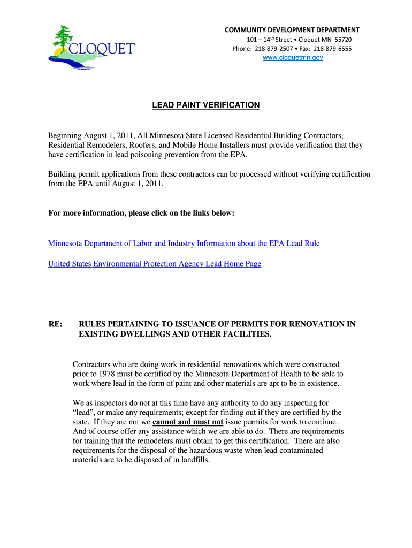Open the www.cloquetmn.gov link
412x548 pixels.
tap(293, 58)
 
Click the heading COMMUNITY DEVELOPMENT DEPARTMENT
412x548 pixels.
tap(292, 30)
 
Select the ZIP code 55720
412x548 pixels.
tap(343, 40)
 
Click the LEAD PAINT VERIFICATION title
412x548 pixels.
tap(206, 105)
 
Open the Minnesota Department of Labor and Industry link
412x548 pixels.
tap(184, 243)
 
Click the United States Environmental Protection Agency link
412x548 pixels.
tap(154, 264)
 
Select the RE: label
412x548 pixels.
tap(55, 324)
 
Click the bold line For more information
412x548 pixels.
tap(141, 213)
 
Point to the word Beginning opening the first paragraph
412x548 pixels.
tap(65, 135)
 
